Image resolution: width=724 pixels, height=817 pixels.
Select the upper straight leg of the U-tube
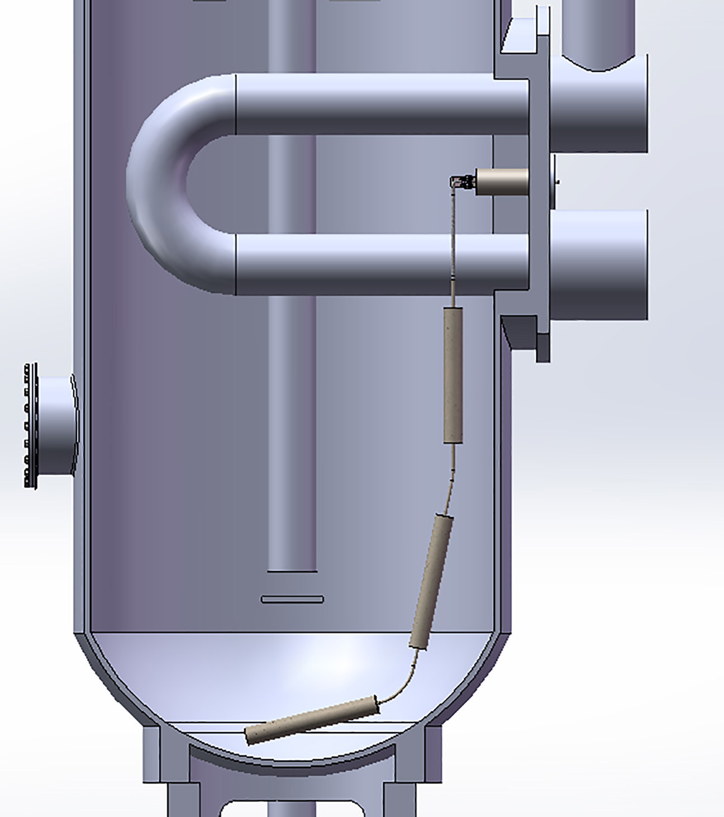coord(380,104)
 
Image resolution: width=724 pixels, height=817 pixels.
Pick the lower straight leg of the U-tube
coord(380,264)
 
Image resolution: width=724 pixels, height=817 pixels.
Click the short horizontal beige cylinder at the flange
coord(502,180)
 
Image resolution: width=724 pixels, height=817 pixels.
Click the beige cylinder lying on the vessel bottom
coord(313,719)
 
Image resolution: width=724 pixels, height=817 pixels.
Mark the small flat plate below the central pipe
coord(292,600)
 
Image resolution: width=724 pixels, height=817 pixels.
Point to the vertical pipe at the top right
coord(598,34)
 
